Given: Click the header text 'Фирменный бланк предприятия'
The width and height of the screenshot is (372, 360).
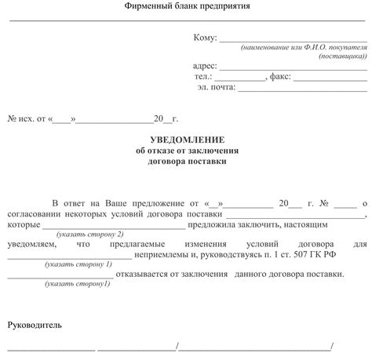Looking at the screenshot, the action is [186, 6].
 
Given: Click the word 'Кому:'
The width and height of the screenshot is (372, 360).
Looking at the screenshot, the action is [204, 37].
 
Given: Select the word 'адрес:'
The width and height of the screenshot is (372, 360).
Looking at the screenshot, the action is [205, 66].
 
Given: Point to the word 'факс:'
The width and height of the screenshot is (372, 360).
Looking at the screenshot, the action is [279, 77].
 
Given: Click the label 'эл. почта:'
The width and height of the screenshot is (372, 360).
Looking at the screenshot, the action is [217, 88].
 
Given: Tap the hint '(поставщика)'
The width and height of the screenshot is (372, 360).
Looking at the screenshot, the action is [342, 56].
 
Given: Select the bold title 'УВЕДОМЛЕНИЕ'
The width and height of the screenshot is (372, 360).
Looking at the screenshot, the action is [186, 139].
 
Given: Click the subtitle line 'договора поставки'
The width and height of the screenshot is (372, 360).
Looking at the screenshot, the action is [186, 161].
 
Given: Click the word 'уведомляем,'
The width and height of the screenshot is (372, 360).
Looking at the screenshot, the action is [33, 245].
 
